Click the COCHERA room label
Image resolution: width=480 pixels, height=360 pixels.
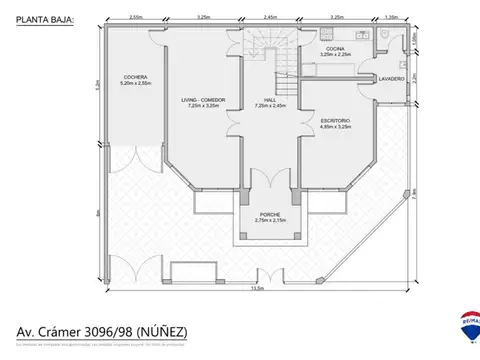[x=136, y=77]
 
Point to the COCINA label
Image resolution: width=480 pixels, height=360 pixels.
[x=333, y=47]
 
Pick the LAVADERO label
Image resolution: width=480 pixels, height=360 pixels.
[x=390, y=78]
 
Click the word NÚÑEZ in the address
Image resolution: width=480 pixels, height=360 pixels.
[x=159, y=332]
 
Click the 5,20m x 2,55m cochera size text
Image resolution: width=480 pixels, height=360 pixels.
[x=136, y=84]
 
